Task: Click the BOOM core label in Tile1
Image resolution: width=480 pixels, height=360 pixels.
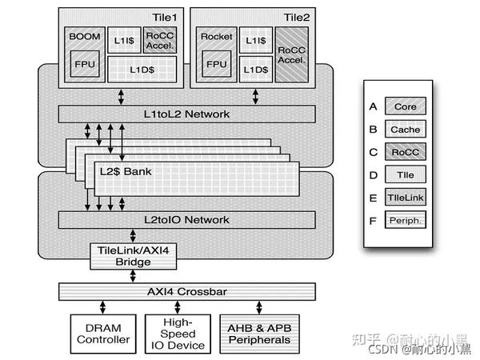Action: click(84, 36)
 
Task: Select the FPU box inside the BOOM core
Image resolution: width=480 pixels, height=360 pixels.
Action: click(84, 64)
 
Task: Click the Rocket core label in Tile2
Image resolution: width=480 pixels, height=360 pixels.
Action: click(216, 36)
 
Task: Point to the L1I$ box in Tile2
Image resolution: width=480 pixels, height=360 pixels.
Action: click(256, 40)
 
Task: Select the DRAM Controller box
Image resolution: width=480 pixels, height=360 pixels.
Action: click(102, 334)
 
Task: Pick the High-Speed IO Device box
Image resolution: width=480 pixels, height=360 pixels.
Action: click(178, 334)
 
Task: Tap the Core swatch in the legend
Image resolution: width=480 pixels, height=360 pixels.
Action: click(405, 106)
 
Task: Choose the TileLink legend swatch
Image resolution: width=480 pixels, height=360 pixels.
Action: click(405, 196)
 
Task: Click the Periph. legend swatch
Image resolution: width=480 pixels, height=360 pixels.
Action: click(405, 218)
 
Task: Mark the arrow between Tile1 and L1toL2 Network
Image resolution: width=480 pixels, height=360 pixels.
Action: click(120, 96)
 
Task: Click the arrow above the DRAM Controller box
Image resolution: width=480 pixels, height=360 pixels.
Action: click(102, 307)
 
